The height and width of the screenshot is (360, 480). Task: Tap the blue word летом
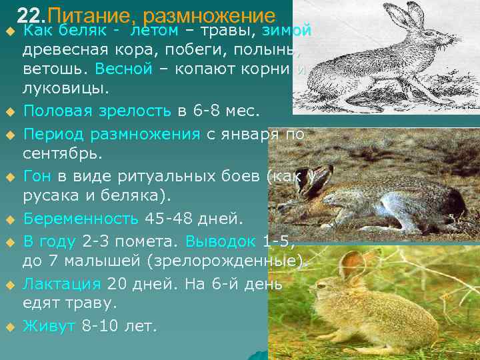coord(155,31)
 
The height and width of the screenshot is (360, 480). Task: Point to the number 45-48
coord(171,219)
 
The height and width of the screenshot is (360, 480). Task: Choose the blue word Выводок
coord(219,239)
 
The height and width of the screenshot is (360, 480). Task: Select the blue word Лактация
coord(62,283)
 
